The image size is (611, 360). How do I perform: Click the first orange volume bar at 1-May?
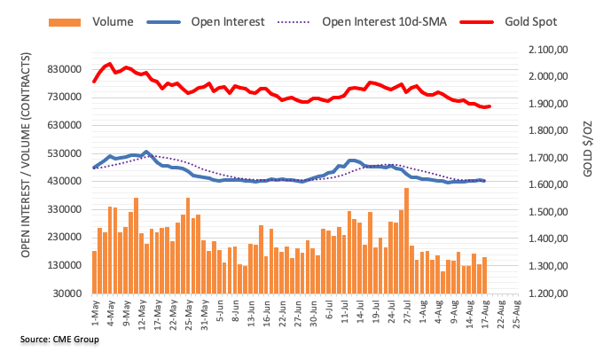pos(94,271)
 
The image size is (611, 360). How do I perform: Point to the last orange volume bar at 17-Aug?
pos(485,275)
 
